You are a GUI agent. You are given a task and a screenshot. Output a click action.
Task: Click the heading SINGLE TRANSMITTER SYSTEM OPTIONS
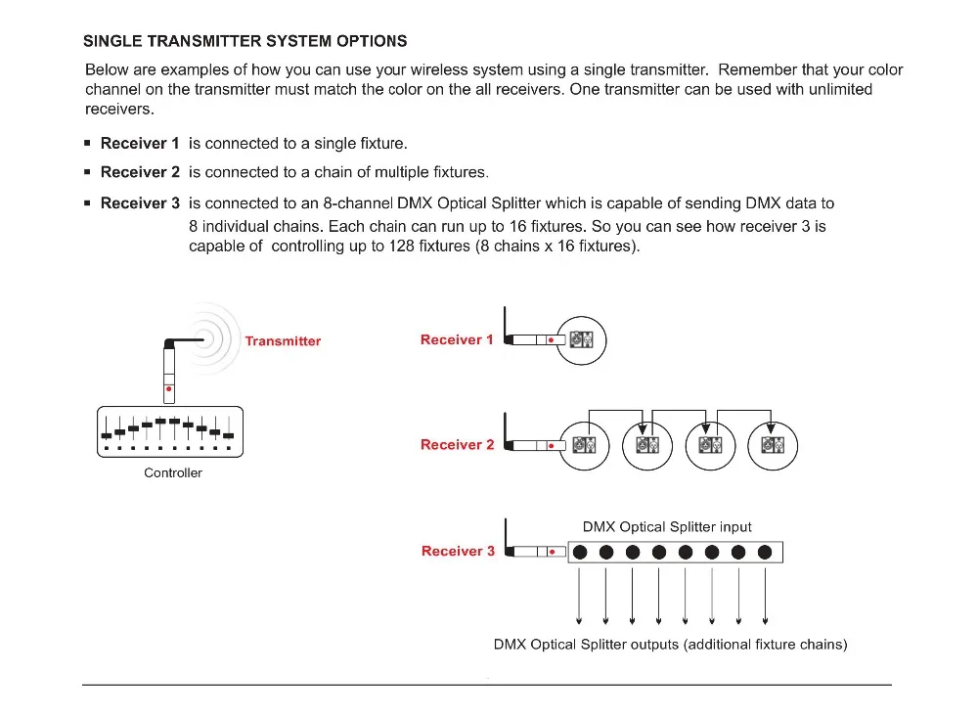point(245,41)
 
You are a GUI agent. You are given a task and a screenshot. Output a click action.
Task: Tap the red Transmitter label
point(283,341)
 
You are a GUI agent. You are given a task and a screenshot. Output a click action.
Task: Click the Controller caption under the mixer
point(173,473)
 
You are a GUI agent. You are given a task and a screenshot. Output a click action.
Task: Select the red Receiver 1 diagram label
point(457,340)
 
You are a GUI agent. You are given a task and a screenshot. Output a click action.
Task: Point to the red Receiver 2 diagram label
point(457,445)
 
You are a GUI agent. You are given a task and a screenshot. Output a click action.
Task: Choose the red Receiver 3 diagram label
point(458,552)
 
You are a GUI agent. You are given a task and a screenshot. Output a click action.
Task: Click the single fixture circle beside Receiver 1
point(581,340)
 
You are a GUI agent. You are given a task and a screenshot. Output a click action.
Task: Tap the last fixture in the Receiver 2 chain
point(773,445)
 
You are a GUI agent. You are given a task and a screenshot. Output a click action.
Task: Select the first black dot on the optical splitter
point(580,553)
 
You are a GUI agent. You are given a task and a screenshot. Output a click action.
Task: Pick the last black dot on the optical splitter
point(765,553)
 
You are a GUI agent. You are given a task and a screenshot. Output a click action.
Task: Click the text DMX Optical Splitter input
point(667,526)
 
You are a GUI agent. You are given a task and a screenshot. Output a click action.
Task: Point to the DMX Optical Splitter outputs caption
point(670,645)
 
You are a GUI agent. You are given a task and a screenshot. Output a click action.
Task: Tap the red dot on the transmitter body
point(170,389)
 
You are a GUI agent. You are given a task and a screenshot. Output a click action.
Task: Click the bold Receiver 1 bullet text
point(140,144)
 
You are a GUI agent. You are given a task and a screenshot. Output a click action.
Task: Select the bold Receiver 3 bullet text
point(140,203)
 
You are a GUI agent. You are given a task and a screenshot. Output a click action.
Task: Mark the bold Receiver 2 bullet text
point(140,172)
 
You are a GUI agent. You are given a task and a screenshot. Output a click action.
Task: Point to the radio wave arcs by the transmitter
point(221,339)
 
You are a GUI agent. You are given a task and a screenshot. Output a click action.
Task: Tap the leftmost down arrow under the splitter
point(580,597)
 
